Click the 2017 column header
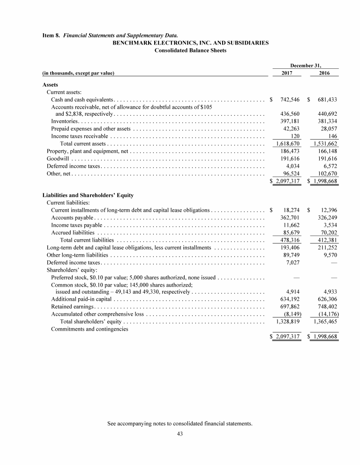click(x=287, y=73)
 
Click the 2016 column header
click(x=324, y=73)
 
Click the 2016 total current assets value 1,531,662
click(x=324, y=143)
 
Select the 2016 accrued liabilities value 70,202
click(x=327, y=232)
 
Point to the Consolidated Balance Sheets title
click(x=190, y=51)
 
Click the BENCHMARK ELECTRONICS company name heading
click(x=190, y=43)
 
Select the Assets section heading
click(x=50, y=85)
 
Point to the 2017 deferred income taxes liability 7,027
click(x=293, y=262)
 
